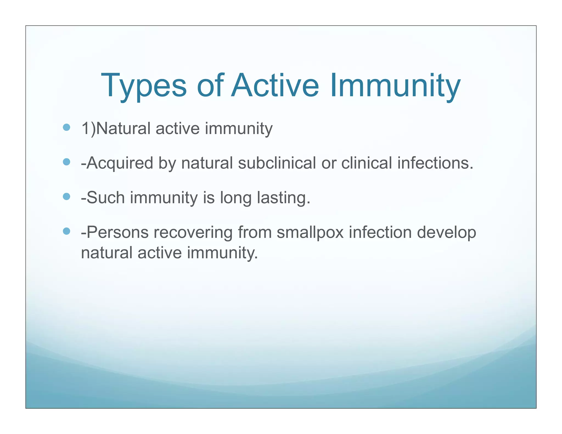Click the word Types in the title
(144, 86)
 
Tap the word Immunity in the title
(395, 86)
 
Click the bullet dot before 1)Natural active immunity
(66, 127)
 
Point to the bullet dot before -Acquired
(66, 162)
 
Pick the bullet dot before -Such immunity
(66, 196)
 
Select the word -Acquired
(117, 163)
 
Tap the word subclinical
(277, 163)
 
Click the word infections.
(435, 163)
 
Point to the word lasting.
(283, 198)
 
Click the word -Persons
(114, 232)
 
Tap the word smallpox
(310, 233)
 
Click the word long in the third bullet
(236, 198)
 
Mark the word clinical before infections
(367, 163)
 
